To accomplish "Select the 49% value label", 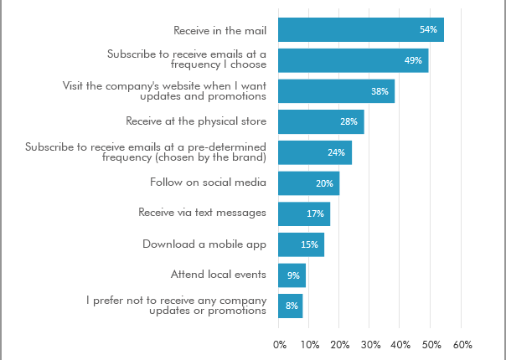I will click(x=412, y=60).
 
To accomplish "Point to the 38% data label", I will click(x=379, y=91).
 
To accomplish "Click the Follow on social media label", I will click(x=208, y=182).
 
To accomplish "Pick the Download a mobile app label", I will click(x=204, y=244).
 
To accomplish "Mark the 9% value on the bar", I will click(x=293, y=275).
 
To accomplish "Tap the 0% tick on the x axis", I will click(x=281, y=344).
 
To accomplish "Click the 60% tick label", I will click(x=462, y=344).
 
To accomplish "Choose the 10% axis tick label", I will click(x=310, y=344).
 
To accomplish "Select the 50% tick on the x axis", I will click(x=432, y=344).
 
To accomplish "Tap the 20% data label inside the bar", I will click(x=324, y=183).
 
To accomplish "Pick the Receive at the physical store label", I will click(x=196, y=121).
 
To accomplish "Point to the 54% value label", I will click(x=428, y=30).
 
